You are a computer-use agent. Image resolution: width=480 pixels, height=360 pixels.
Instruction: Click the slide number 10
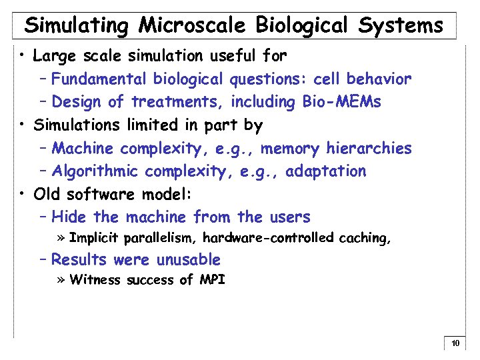click(x=455, y=344)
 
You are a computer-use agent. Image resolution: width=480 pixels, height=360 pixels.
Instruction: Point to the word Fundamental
click(x=100, y=79)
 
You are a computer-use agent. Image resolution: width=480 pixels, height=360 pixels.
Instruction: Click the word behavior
click(x=378, y=79)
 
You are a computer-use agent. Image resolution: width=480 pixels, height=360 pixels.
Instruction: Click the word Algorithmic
click(x=95, y=171)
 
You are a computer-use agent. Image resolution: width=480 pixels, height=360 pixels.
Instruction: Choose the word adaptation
click(x=326, y=171)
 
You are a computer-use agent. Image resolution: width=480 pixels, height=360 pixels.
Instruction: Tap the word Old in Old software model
click(x=47, y=194)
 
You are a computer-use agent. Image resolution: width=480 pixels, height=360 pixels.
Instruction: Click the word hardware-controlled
click(x=268, y=237)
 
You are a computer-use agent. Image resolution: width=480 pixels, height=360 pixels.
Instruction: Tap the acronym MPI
click(x=212, y=280)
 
